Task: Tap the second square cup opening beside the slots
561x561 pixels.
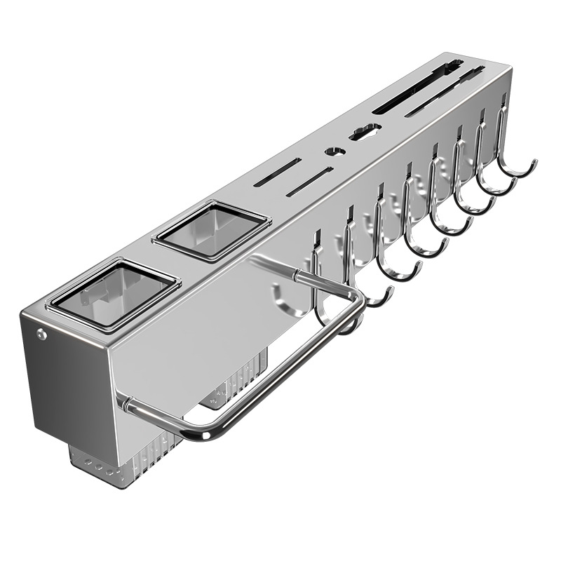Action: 211,229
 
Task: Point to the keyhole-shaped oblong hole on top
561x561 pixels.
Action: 365,131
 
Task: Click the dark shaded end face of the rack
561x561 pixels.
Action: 63,379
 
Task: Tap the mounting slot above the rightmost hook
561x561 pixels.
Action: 502,114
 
